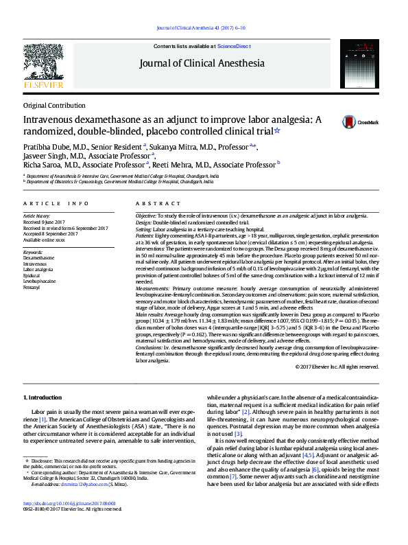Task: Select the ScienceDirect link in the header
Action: (x=235, y=46)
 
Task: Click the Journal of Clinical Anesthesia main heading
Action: (x=202, y=64)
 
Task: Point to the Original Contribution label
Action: (x=54, y=105)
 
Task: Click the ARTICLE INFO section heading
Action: (x=56, y=204)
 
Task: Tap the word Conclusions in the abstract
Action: (x=151, y=347)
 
